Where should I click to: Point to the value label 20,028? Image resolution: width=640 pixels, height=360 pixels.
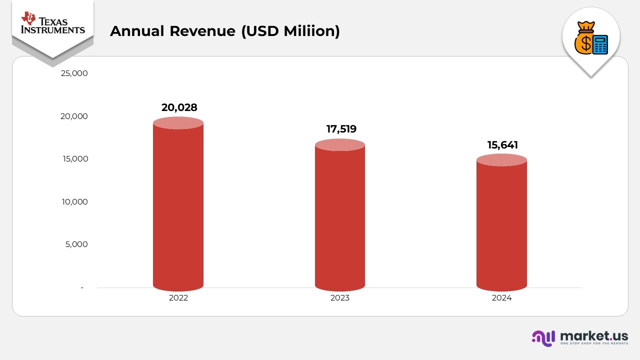[x=179, y=107]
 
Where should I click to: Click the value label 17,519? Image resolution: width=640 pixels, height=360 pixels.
[x=341, y=129]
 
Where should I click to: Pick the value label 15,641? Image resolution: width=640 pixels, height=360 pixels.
[x=502, y=145]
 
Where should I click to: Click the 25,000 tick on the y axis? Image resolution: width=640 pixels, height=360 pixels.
[x=74, y=73]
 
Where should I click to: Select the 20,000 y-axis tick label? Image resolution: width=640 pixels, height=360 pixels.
[x=74, y=116]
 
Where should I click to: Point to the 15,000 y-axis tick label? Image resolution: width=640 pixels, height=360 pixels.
[x=74, y=159]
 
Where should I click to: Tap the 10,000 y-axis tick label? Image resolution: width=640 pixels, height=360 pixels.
[x=74, y=202]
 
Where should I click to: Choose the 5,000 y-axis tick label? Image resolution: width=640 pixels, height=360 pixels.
[x=76, y=244]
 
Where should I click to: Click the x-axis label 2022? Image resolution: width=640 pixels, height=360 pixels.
[x=178, y=298]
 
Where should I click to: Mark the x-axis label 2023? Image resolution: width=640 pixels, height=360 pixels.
[x=340, y=298]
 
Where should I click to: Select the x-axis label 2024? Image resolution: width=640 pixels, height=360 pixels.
[x=501, y=298]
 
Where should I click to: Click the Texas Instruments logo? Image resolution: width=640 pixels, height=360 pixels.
[x=52, y=23]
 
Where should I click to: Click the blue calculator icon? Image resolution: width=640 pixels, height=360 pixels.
[x=600, y=44]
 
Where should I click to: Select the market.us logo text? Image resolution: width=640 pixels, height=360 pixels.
[x=594, y=335]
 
